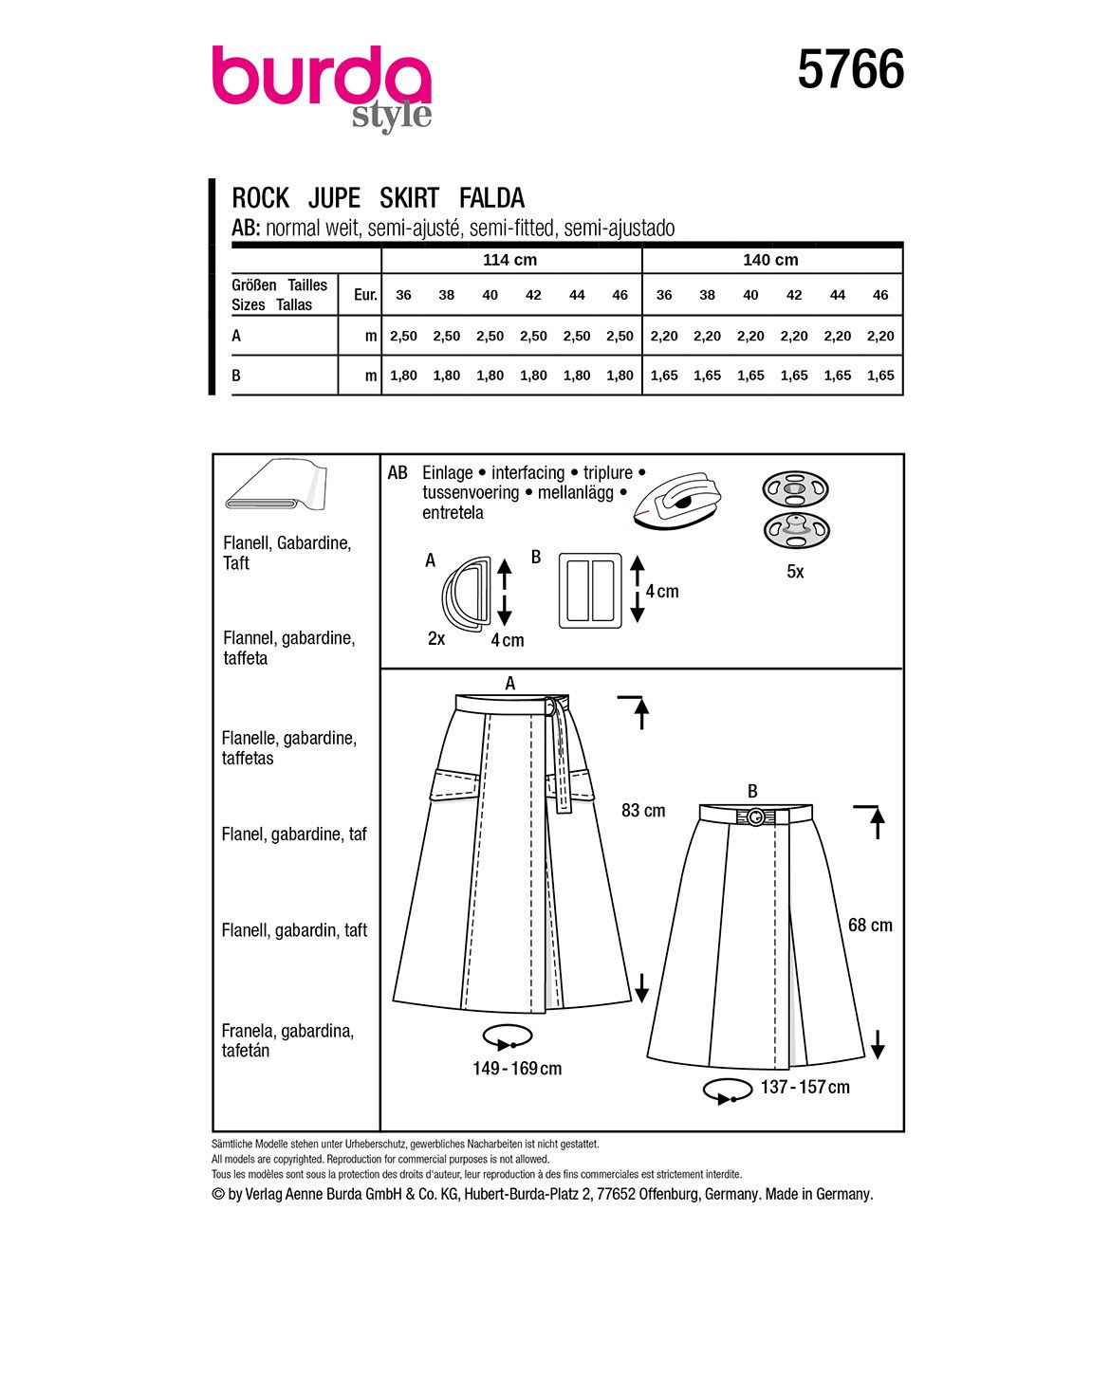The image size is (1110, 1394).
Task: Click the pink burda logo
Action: [x=321, y=80]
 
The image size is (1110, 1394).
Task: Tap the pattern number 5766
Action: [x=851, y=71]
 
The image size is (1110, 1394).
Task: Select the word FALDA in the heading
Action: [x=491, y=198]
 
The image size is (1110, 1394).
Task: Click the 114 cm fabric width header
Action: [x=510, y=260]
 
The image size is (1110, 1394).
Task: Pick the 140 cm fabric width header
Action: [x=770, y=260]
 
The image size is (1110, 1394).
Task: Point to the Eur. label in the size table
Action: [x=365, y=295]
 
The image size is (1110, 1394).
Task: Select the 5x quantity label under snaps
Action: [x=795, y=572]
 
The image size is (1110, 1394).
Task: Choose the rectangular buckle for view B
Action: [x=589, y=590]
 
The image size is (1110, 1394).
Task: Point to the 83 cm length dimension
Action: [x=643, y=811]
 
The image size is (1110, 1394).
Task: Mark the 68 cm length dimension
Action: [x=870, y=926]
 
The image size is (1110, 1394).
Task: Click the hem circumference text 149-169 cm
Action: [x=517, y=1069]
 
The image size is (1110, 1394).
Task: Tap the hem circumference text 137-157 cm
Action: [x=805, y=1088]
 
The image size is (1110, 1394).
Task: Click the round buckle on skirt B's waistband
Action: [x=755, y=816]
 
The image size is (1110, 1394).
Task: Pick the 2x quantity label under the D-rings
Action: [x=436, y=639]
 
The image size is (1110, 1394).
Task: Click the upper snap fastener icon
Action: [x=795, y=490]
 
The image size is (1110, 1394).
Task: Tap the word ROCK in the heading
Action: [x=260, y=198]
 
